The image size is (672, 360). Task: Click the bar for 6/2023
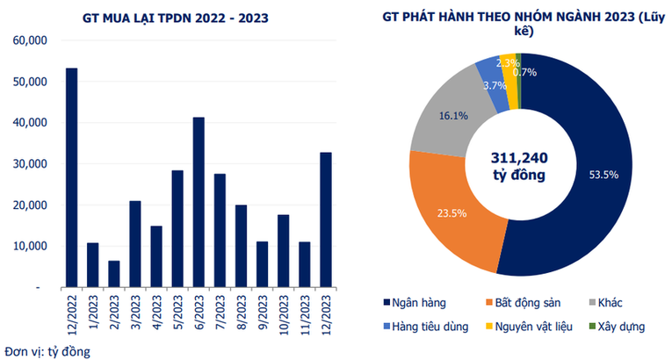[x=199, y=202]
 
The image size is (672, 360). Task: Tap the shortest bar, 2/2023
[x=114, y=274]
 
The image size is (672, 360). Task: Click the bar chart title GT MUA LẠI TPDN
[x=169, y=16]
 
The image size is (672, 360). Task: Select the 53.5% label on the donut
[x=603, y=175]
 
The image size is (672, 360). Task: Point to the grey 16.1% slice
[x=450, y=116]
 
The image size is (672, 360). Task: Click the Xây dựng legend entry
[x=618, y=326]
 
